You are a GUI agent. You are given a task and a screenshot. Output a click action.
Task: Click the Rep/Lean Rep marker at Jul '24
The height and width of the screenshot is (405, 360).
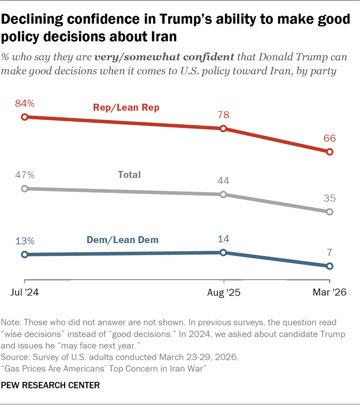[x=25, y=117]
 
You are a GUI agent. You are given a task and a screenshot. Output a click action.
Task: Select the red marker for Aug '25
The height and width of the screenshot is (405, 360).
[x=223, y=128]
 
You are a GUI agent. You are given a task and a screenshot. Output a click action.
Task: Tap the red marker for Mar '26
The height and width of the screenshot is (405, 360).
[x=330, y=152]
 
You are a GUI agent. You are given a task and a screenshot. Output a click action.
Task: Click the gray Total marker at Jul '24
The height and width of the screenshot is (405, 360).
[x=25, y=188]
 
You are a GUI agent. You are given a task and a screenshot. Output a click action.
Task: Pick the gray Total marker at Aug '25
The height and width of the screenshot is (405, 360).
[x=223, y=194]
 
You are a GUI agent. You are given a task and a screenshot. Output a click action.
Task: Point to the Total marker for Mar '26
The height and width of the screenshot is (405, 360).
[x=330, y=211]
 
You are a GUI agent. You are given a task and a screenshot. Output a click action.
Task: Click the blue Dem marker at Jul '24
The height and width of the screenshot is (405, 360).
[x=25, y=254]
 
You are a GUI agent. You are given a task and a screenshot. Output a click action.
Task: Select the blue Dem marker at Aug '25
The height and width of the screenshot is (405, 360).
[x=223, y=253]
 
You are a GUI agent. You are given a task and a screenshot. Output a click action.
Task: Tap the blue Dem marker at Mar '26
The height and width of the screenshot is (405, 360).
[x=330, y=266]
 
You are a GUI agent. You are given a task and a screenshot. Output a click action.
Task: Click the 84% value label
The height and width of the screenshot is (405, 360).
[x=25, y=103]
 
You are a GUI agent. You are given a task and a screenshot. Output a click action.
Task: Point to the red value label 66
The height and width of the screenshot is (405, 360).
[x=330, y=138]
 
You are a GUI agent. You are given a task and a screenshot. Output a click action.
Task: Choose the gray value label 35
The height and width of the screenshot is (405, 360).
[x=330, y=198]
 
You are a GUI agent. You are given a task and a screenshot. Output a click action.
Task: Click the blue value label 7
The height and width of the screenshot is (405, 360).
[x=330, y=253]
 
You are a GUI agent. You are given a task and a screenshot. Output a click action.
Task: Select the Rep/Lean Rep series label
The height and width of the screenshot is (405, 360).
[x=126, y=108]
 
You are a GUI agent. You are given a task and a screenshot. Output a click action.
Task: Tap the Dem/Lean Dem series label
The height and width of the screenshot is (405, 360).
[x=123, y=240]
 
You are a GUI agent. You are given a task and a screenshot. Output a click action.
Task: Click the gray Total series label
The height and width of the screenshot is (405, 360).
[x=129, y=175]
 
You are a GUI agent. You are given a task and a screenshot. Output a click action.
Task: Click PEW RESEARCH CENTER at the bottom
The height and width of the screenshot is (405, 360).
[x=51, y=385]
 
